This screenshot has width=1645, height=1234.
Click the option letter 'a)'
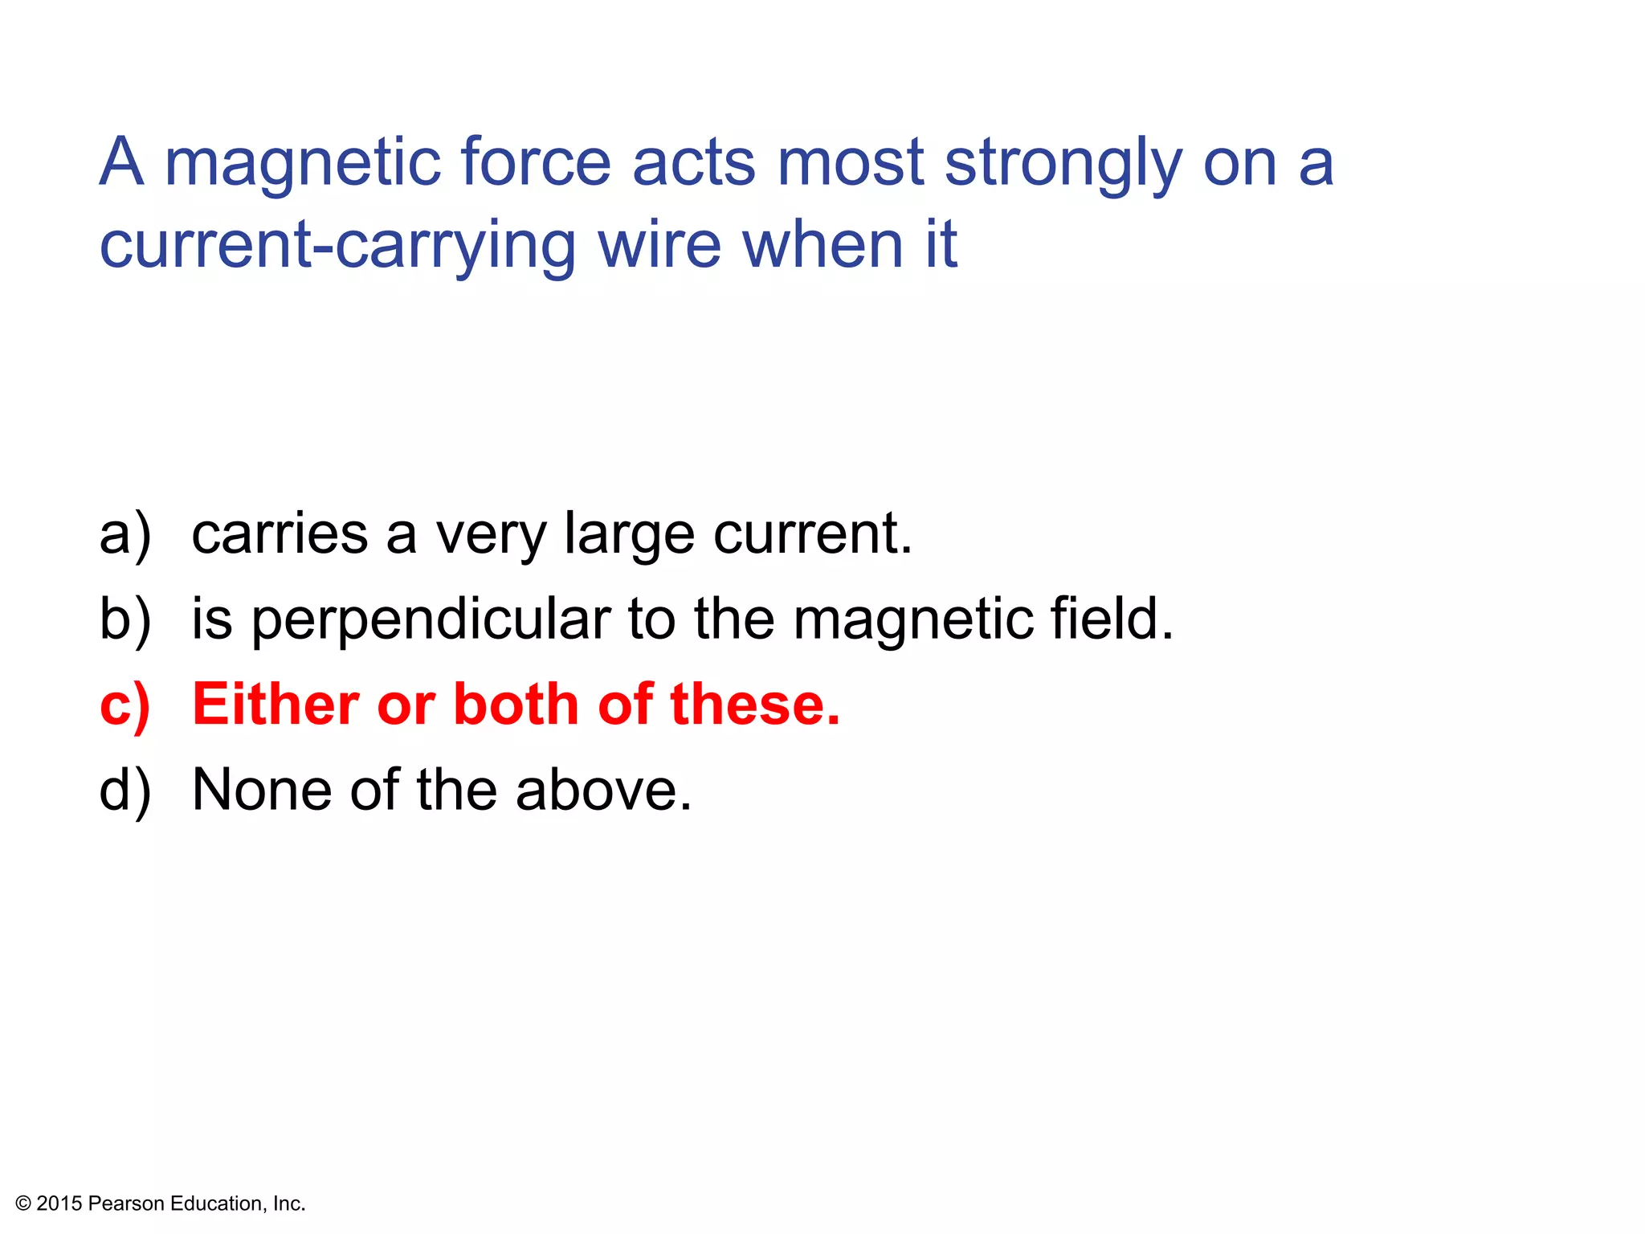(x=124, y=534)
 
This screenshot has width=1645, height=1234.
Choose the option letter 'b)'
(x=124, y=619)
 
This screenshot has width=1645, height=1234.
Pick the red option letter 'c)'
(x=124, y=705)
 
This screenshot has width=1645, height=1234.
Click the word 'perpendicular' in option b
(x=432, y=621)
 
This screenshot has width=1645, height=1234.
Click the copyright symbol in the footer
(x=22, y=1203)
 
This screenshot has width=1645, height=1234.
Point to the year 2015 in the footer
(x=59, y=1203)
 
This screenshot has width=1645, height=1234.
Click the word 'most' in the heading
(x=850, y=163)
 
